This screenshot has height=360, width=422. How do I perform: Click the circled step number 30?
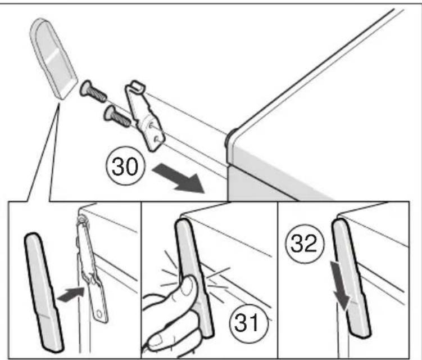pos(125,166)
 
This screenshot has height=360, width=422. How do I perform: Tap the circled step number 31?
pos(249,323)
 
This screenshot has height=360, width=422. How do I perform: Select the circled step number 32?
pos(305,244)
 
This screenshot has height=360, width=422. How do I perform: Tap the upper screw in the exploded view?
pos(93,92)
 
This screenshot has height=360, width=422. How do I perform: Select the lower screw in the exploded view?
pos(117,116)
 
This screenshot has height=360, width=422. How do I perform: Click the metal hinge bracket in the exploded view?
pos(144,116)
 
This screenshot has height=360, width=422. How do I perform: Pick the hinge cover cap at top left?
pos(53,58)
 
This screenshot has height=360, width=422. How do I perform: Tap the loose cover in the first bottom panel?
pos(44,292)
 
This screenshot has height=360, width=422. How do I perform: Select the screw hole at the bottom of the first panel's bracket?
pos(99,314)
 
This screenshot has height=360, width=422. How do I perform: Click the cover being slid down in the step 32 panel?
pos(352,277)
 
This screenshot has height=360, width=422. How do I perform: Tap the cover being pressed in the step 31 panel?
pos(194,277)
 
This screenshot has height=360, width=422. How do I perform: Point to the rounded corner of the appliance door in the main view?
pos(232,137)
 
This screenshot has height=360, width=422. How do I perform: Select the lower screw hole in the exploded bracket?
pos(157,139)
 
